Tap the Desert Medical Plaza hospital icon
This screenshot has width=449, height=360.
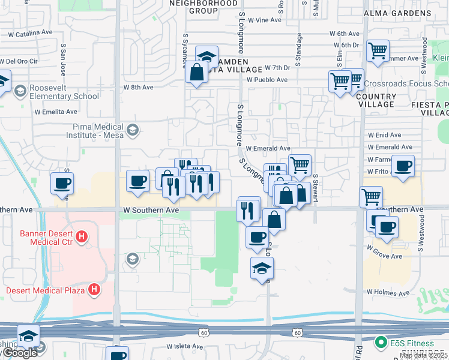click(94, 290)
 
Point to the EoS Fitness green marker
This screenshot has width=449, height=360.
click(380, 343)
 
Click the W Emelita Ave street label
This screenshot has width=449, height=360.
click(56, 112)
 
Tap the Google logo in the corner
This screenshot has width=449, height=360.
click(20, 353)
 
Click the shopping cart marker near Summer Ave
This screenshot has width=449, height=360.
click(378, 51)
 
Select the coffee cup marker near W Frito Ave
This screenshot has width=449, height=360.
click(403, 166)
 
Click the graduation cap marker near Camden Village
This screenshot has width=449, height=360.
click(206, 57)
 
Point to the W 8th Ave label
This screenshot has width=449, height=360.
click(139, 88)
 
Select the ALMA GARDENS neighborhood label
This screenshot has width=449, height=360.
click(394, 11)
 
